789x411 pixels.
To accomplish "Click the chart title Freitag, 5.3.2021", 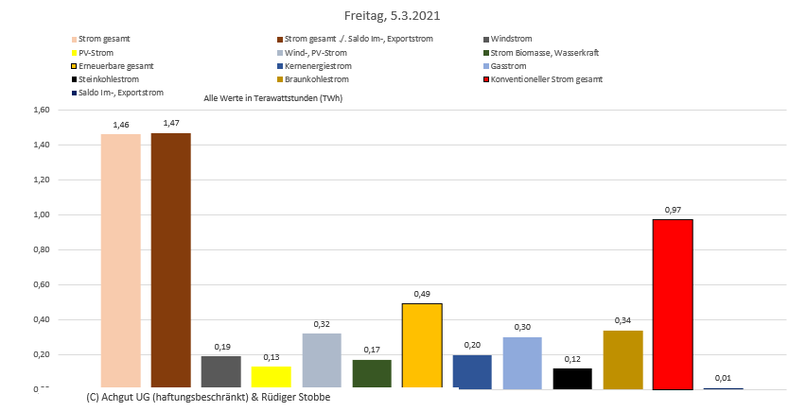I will click(393, 16).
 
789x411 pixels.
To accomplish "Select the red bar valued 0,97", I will click(673, 303).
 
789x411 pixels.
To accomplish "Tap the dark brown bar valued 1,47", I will click(170, 260).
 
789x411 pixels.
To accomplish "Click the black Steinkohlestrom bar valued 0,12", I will click(572, 378).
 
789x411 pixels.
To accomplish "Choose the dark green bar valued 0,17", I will click(371, 373).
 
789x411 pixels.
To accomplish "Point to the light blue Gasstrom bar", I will click(522, 362).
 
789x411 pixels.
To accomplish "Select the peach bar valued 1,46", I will click(120, 261).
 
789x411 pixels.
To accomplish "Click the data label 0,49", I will click(422, 294).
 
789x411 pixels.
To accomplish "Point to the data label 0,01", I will click(723, 379).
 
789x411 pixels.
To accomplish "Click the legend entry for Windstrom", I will click(511, 39).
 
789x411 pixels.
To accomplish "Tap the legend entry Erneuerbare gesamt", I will click(116, 66).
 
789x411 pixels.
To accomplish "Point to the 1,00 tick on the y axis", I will click(42, 214).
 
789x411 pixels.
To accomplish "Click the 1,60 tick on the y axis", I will click(42, 110).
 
